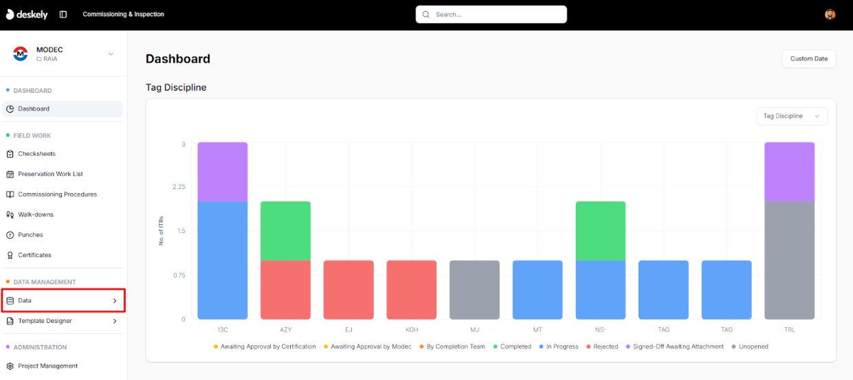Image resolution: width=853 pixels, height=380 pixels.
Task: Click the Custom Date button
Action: (x=808, y=59)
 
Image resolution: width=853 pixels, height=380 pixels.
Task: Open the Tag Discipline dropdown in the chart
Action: (x=792, y=116)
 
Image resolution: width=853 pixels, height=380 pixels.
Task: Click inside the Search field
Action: (x=491, y=14)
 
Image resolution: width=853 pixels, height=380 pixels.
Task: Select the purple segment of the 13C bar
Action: (x=222, y=172)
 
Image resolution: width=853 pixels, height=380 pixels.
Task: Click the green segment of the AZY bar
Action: (x=285, y=231)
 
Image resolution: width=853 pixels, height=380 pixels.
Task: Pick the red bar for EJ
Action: (x=348, y=290)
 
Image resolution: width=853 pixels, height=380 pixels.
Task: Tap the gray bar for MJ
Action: (x=474, y=290)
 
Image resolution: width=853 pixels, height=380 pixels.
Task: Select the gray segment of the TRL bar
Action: (x=789, y=260)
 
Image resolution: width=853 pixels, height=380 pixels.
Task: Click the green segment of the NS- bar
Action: (x=600, y=231)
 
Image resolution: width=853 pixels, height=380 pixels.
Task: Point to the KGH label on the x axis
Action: (x=412, y=330)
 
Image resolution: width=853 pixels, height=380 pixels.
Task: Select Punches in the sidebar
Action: (x=30, y=235)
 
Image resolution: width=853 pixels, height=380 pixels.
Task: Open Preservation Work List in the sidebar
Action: (x=50, y=174)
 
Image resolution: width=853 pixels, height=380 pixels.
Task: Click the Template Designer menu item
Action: (x=45, y=321)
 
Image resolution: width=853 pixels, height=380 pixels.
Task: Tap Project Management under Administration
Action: (x=47, y=366)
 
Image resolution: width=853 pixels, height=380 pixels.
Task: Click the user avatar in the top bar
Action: (x=830, y=14)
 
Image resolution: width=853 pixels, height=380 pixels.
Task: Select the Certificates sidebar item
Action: (x=34, y=255)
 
